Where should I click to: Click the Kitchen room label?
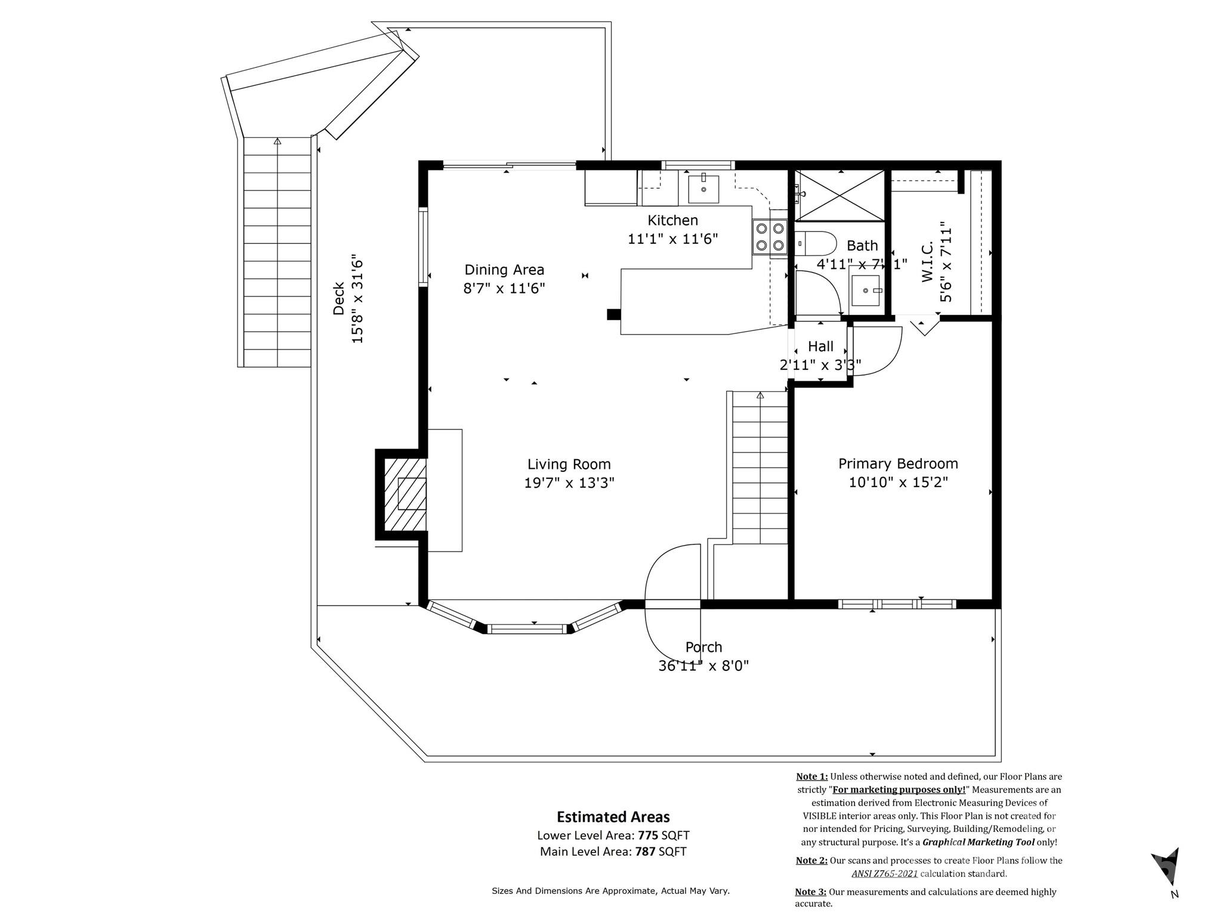pyautogui.click(x=672, y=220)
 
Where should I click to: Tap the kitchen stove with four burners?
pyautogui.click(x=770, y=237)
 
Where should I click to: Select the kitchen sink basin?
pyautogui.click(x=703, y=188)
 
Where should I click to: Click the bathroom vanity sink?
pyautogui.click(x=866, y=291)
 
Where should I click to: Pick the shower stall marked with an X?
pyautogui.click(x=841, y=195)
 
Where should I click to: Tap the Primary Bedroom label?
pyautogui.click(x=898, y=463)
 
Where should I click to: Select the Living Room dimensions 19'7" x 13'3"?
pyautogui.click(x=569, y=482)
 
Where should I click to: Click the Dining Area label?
pyautogui.click(x=504, y=270)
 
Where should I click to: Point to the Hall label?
pyautogui.click(x=820, y=346)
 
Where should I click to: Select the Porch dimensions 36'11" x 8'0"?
pyautogui.click(x=703, y=666)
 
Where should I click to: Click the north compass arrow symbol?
pyautogui.click(x=1167, y=866)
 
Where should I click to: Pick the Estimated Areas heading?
pyautogui.click(x=613, y=816)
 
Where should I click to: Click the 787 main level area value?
pyautogui.click(x=645, y=852)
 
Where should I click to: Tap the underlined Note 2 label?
pyautogui.click(x=811, y=861)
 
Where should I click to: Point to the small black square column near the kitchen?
pyautogui.click(x=613, y=314)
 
